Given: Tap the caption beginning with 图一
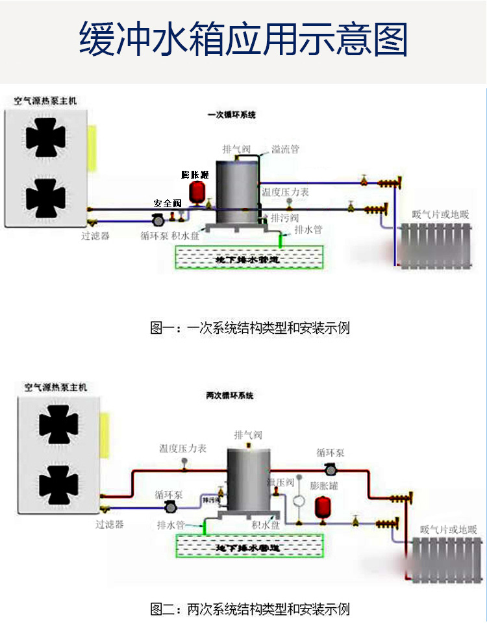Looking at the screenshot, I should (x=250, y=328).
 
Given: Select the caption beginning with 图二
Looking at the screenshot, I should (x=250, y=609).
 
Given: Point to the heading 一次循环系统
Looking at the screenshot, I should (x=232, y=115).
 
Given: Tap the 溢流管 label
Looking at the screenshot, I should (x=285, y=149).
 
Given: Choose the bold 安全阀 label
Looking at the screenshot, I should (x=167, y=203).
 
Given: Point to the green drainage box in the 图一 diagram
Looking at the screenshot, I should (x=247, y=259).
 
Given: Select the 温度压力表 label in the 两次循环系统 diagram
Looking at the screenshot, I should (x=182, y=448).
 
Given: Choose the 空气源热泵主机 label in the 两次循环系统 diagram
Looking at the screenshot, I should (x=55, y=388).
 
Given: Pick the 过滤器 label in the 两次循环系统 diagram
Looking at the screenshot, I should (x=110, y=523).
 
